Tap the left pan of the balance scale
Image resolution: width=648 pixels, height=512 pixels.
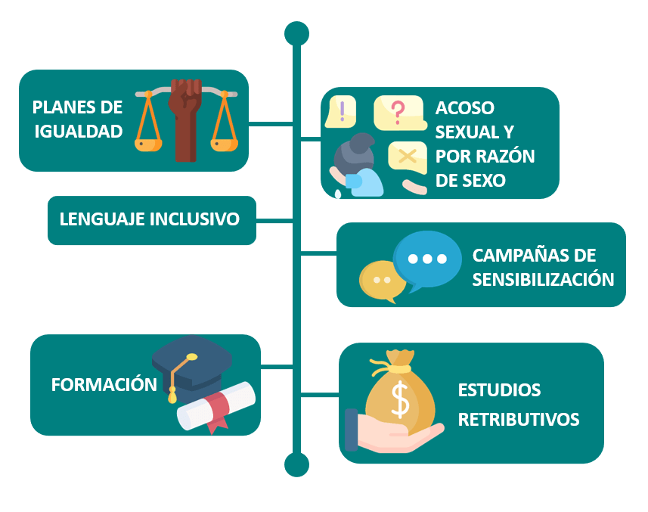(x=148, y=141)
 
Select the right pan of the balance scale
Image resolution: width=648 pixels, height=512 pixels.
(x=225, y=141)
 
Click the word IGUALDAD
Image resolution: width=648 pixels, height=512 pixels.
(x=78, y=132)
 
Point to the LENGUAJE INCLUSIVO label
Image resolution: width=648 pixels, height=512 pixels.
(x=150, y=219)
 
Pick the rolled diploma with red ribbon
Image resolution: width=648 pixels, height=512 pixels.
(x=215, y=407)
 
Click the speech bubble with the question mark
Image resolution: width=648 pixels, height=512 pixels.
(x=399, y=112)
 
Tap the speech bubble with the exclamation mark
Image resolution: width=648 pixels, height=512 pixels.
(x=342, y=112)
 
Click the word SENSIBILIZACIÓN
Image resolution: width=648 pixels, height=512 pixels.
(x=543, y=278)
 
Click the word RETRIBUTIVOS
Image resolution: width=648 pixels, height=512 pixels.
(x=519, y=418)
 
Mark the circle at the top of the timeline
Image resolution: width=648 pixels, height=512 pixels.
(x=296, y=33)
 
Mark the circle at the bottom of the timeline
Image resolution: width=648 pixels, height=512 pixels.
(x=296, y=464)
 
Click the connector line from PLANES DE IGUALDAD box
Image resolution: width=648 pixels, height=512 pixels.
(x=271, y=122)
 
